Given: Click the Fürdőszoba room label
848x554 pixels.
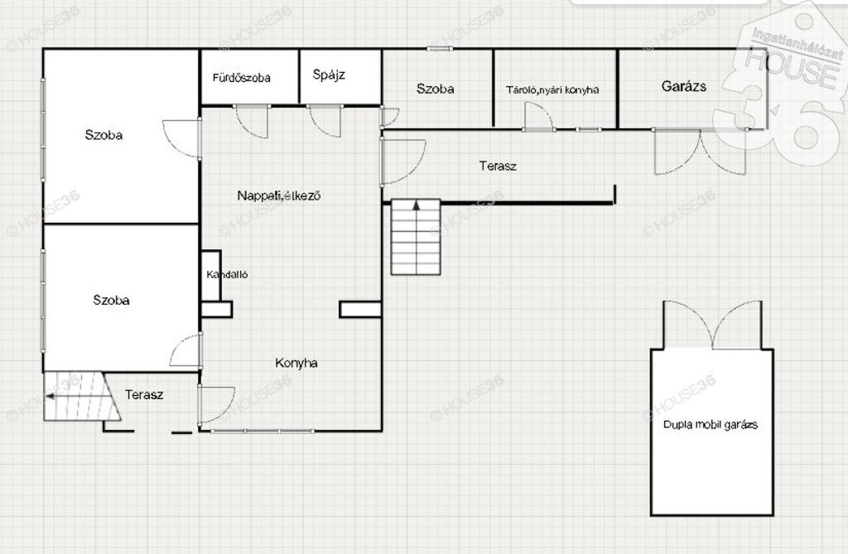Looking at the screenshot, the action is click(241, 78).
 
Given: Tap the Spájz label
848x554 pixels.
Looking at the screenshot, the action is click(329, 75).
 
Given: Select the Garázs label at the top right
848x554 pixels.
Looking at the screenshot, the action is click(683, 85).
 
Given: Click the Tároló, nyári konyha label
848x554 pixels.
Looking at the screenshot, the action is click(552, 89).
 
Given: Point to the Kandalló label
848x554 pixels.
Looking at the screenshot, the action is click(227, 274).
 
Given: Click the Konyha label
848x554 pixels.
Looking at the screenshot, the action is click(296, 363).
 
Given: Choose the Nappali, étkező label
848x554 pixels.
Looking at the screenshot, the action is click(279, 195).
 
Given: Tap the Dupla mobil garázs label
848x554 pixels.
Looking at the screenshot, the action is click(710, 425).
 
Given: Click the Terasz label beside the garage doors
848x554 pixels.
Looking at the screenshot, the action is click(498, 166).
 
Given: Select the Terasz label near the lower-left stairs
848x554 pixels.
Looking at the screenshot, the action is click(144, 394).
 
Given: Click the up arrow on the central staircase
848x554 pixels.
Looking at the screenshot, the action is click(416, 205).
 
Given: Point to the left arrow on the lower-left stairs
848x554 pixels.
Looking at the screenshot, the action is click(50, 397).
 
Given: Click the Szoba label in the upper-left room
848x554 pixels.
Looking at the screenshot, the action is click(104, 135).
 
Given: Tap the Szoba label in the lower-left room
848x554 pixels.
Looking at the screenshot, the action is click(112, 301).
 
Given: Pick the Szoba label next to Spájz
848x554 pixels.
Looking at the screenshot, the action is click(436, 89).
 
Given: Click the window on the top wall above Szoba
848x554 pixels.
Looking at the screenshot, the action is click(440, 49).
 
